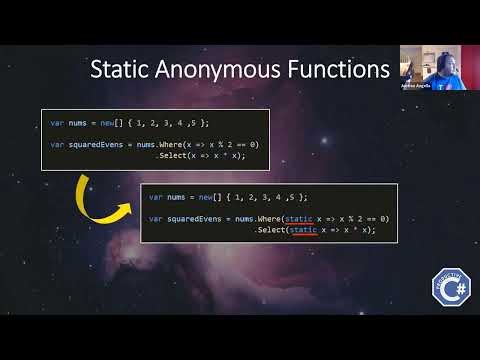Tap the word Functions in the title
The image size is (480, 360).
[334, 70]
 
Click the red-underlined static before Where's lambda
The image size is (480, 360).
[299, 217]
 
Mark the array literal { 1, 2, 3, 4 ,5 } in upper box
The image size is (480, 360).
[157, 122]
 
